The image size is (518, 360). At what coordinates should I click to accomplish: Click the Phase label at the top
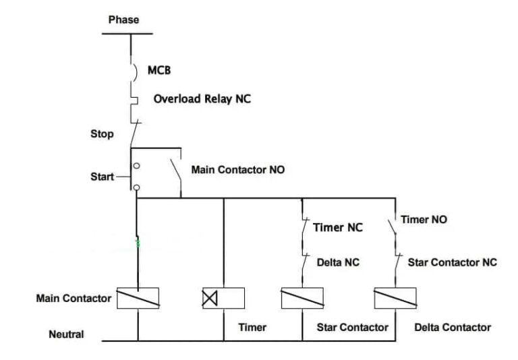point(123,20)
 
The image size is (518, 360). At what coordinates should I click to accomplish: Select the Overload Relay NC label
point(202,99)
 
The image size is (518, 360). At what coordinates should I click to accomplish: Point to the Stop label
point(102,134)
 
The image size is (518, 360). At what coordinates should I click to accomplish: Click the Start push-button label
point(103,177)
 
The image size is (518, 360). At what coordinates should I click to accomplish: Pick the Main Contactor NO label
point(237,170)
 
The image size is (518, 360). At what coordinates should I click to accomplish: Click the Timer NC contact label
point(337,228)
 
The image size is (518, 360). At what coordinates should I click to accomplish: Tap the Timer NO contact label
point(424,220)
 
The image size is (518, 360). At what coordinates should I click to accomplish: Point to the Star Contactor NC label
point(452,262)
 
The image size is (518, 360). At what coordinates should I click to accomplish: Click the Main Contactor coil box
point(138,298)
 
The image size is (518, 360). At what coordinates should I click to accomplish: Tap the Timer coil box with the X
point(223,298)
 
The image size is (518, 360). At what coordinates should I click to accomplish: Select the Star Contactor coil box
point(301,298)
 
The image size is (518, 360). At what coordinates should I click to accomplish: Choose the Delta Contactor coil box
point(395,298)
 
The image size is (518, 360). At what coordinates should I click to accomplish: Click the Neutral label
point(66,334)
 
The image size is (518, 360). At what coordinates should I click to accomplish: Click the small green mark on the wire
point(138,243)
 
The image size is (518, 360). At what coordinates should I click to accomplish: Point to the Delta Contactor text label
point(452,328)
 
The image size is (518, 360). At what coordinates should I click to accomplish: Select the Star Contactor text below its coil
point(352,328)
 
